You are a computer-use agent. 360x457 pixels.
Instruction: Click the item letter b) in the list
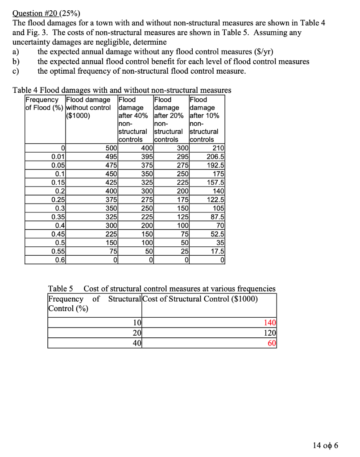(x=17, y=62)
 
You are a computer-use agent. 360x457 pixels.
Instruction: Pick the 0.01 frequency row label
(x=58, y=155)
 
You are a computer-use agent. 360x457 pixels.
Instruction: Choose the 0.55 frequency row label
(x=58, y=252)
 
